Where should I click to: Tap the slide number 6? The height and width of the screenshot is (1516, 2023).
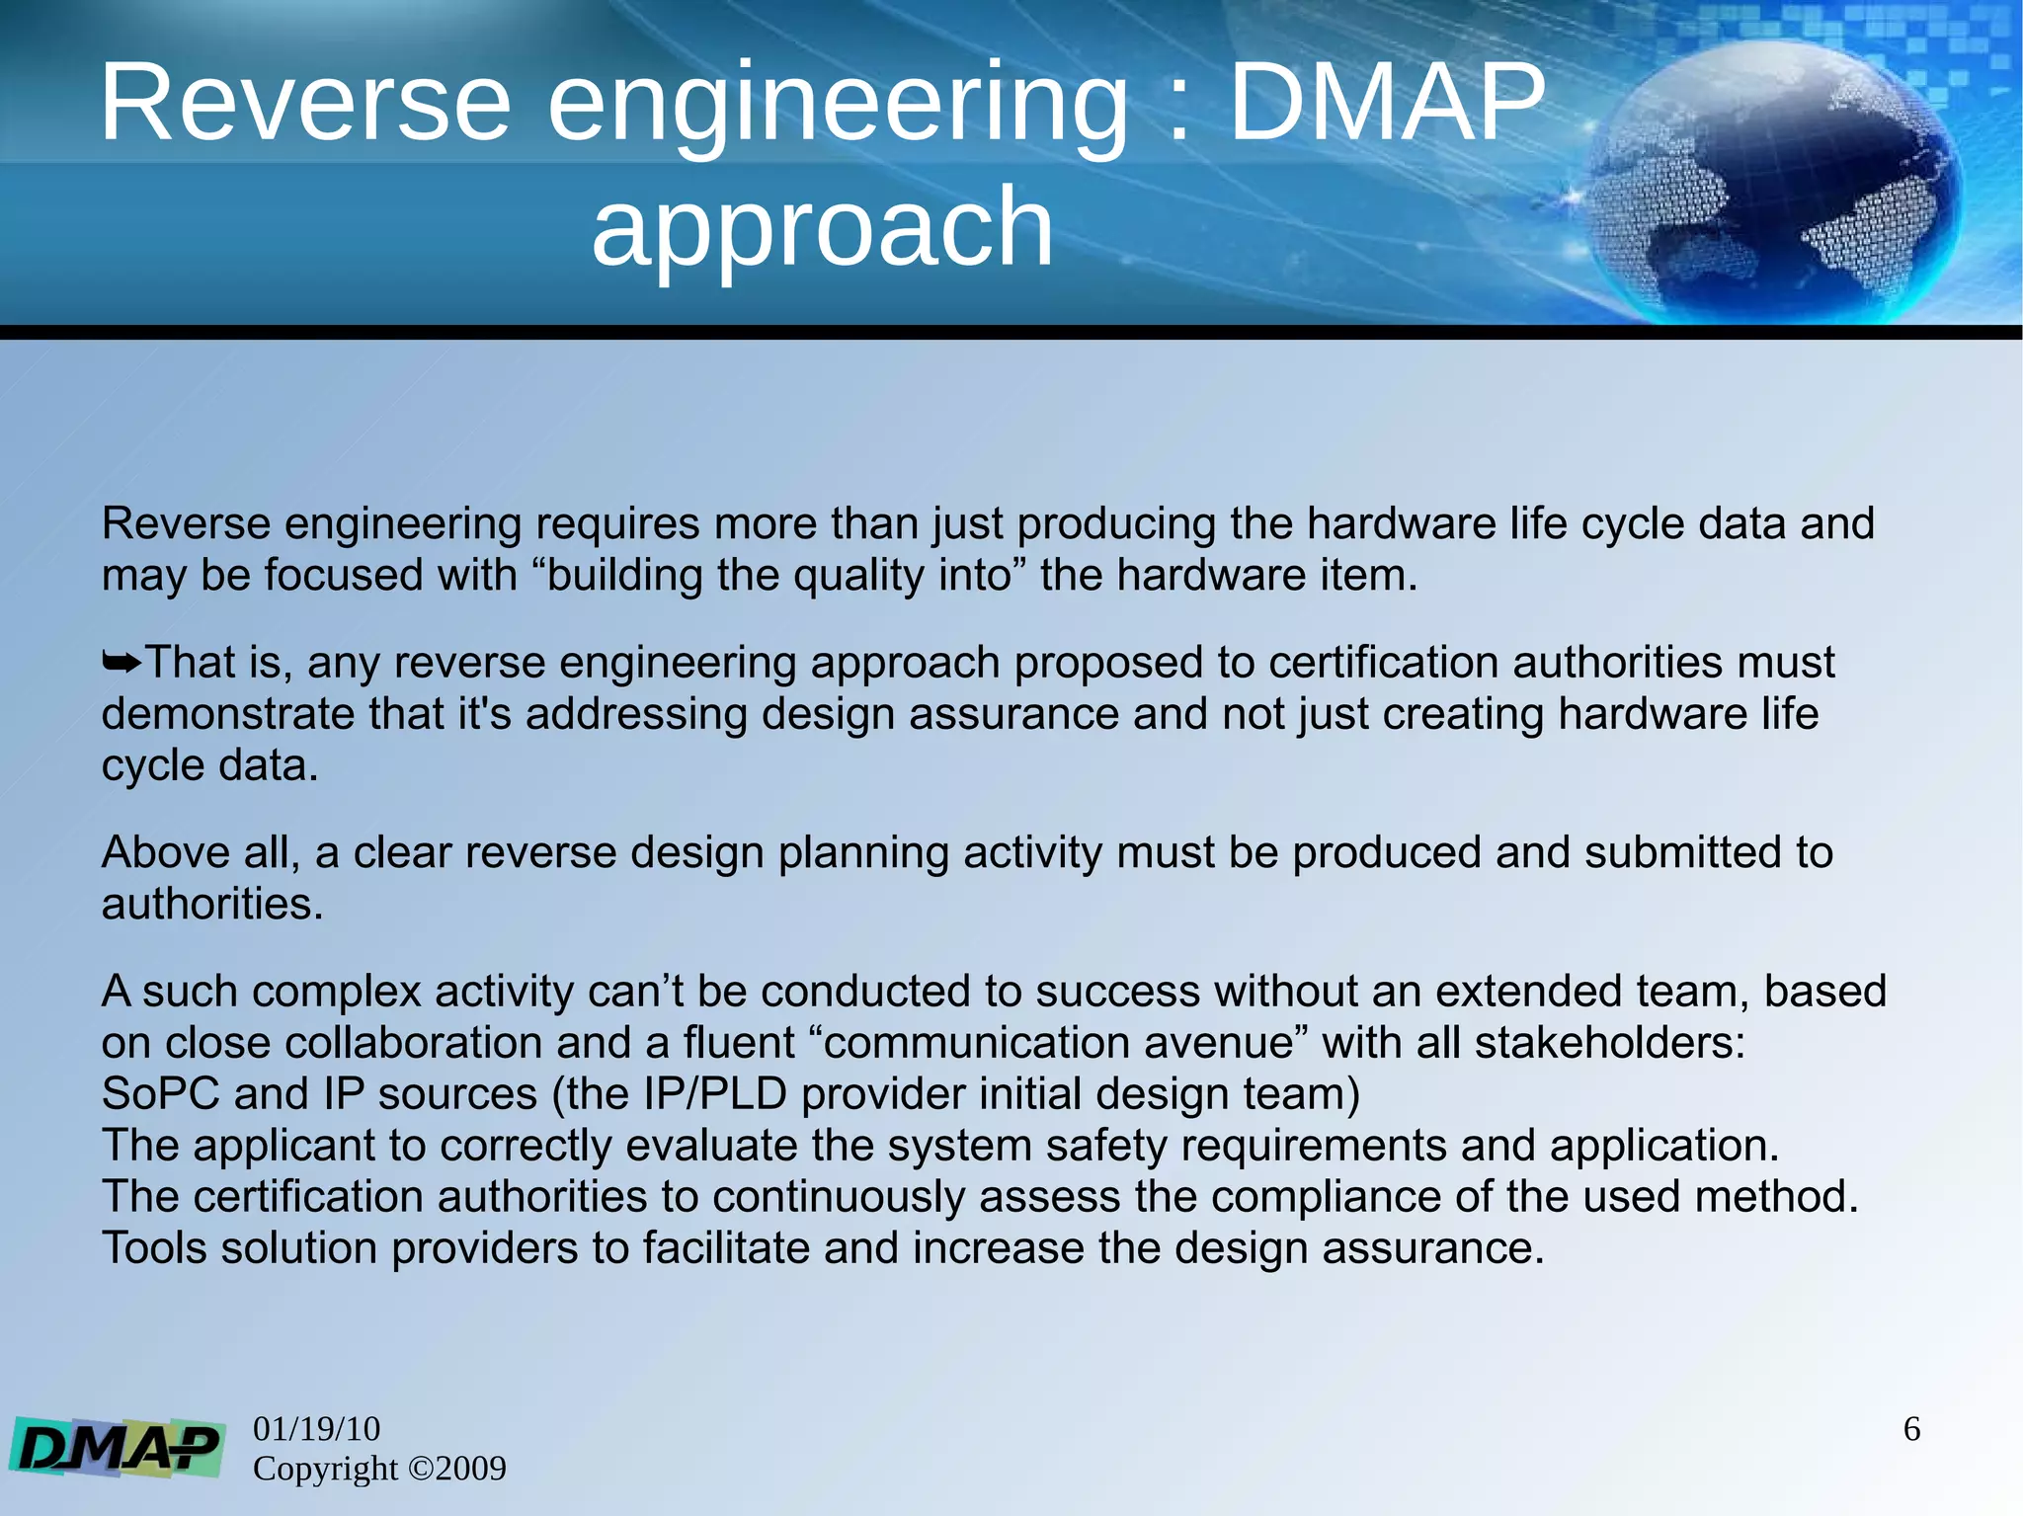click(1911, 1429)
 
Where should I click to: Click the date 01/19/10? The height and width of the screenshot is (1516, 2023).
click(316, 1429)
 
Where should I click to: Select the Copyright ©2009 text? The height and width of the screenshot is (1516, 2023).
click(379, 1469)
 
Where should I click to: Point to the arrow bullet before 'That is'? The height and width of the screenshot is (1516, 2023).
click(121, 663)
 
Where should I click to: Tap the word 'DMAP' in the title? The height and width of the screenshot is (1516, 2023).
click(1386, 103)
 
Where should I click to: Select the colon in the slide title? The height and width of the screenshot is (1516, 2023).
click(1177, 109)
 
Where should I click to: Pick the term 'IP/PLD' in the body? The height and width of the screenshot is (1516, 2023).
click(715, 1094)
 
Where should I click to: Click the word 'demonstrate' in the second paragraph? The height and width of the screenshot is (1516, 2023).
click(227, 714)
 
